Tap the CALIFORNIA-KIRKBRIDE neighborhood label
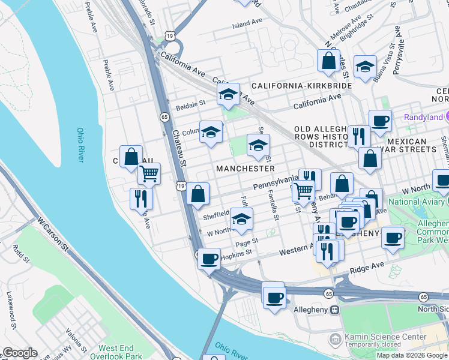pyautogui.click(x=302, y=86)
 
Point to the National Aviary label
pyautogui.click(x=418, y=202)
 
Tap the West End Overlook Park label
pyautogui.click(x=121, y=352)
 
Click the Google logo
pyautogui.click(x=20, y=353)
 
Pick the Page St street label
pyautogui.click(x=246, y=242)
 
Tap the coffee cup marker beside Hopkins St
pyautogui.click(x=208, y=259)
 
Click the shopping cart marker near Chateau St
pyautogui.click(x=149, y=174)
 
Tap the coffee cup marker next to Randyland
pyautogui.click(x=380, y=121)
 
